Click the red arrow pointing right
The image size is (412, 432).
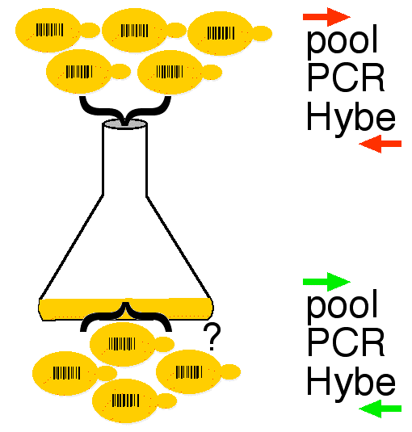pyautogui.click(x=326, y=17)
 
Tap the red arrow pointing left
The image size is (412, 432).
pyautogui.click(x=380, y=144)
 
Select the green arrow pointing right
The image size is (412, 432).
pyautogui.click(x=326, y=282)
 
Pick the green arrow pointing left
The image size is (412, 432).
pyautogui.click(x=380, y=409)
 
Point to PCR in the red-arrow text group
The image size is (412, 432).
pyautogui.click(x=346, y=78)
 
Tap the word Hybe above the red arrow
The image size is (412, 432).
pyautogui.click(x=351, y=118)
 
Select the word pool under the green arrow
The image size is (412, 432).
pyautogui.click(x=342, y=306)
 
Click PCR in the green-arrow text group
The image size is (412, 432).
pyautogui.click(x=346, y=342)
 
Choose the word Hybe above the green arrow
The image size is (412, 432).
pyautogui.click(x=351, y=383)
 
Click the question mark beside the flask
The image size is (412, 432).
pyautogui.click(x=212, y=337)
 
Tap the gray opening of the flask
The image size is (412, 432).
pyautogui.click(x=124, y=124)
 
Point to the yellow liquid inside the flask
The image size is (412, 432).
pyautogui.click(x=126, y=309)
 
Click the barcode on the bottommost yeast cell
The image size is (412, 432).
pyautogui.click(x=126, y=400)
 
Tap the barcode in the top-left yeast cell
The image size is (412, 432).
pyautogui.click(x=49, y=30)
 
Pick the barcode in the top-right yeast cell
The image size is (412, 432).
pyautogui.click(x=221, y=33)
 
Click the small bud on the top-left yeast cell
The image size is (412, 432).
pyautogui.click(x=90, y=31)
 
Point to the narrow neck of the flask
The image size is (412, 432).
pyautogui.click(x=124, y=160)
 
